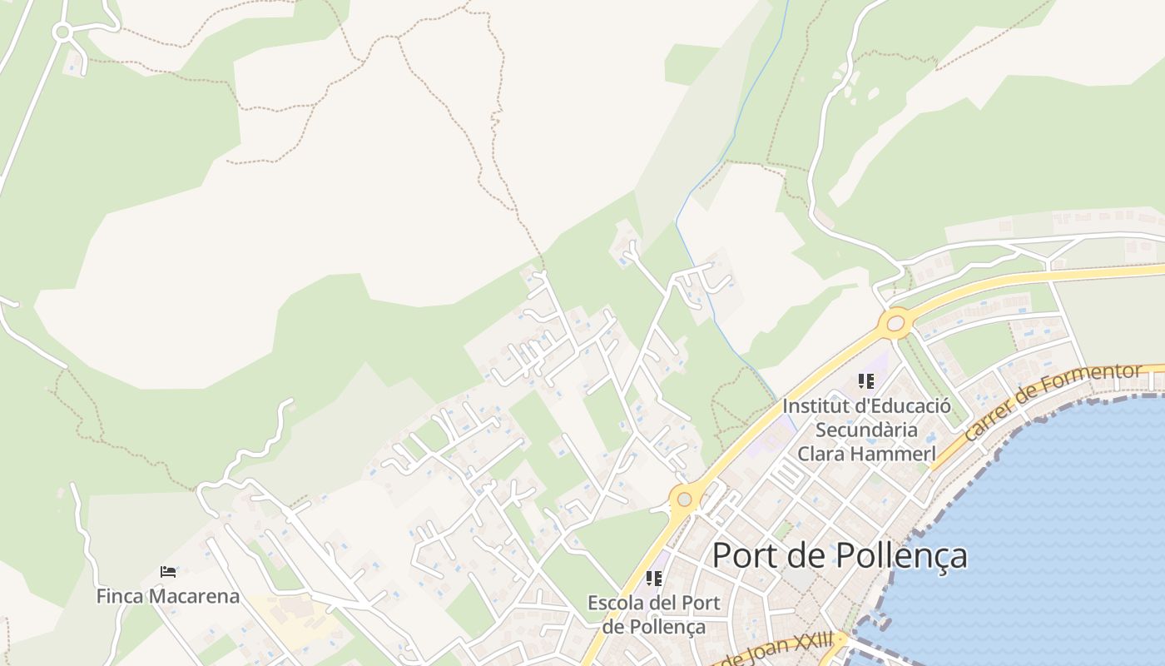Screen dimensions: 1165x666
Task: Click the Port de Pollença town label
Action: click(x=840, y=555)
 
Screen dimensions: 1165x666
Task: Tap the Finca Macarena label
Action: click(x=168, y=596)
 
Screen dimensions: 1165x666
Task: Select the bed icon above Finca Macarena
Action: click(x=168, y=572)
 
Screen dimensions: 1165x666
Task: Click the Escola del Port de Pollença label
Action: click(x=654, y=614)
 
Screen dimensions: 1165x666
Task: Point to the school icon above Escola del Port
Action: click(x=654, y=578)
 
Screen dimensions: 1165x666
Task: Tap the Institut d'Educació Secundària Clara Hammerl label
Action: click(x=866, y=430)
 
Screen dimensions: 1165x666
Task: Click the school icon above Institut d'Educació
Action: click(x=866, y=381)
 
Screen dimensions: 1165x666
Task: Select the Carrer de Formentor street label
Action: click(x=1053, y=402)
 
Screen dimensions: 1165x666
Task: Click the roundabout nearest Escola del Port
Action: click(x=684, y=499)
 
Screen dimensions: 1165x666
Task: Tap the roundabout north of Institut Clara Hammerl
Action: click(x=896, y=323)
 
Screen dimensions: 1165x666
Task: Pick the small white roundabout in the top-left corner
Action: click(x=61, y=32)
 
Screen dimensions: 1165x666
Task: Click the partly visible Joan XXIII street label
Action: click(x=778, y=652)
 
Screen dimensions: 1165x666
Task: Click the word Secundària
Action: click(x=866, y=430)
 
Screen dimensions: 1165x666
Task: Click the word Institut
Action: click(x=812, y=406)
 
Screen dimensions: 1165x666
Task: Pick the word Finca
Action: click(x=117, y=596)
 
